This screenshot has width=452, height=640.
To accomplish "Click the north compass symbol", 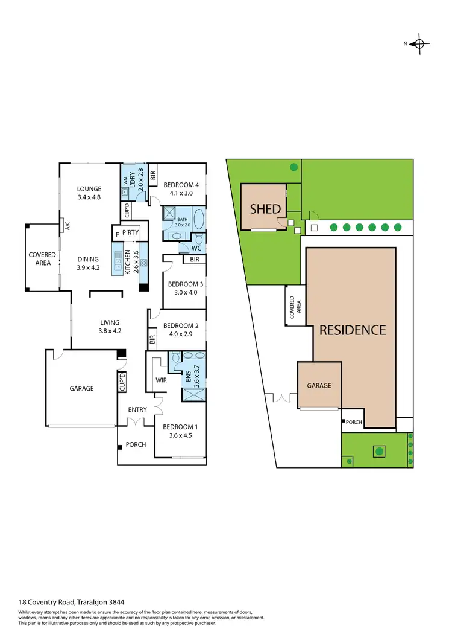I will click(x=420, y=43).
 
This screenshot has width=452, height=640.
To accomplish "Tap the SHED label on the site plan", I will click(x=265, y=209).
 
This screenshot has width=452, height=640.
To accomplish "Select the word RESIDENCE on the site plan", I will click(x=352, y=330).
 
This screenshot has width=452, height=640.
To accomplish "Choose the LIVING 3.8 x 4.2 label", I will click(x=110, y=327).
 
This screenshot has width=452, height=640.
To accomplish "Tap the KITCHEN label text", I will click(x=127, y=262).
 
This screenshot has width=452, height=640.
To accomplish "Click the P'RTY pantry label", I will click(x=131, y=232).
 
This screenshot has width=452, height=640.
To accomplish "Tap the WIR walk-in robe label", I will click(x=161, y=380).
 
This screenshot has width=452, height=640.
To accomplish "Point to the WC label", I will click(x=196, y=248).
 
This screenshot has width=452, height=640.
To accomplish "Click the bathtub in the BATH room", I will click(x=200, y=218).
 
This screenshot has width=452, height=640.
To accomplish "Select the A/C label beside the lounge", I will click(x=68, y=226).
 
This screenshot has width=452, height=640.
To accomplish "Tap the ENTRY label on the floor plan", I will click(x=137, y=410).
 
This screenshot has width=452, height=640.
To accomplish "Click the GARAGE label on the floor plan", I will click(x=81, y=388).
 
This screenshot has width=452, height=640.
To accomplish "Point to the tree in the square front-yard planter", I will click(x=378, y=450).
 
